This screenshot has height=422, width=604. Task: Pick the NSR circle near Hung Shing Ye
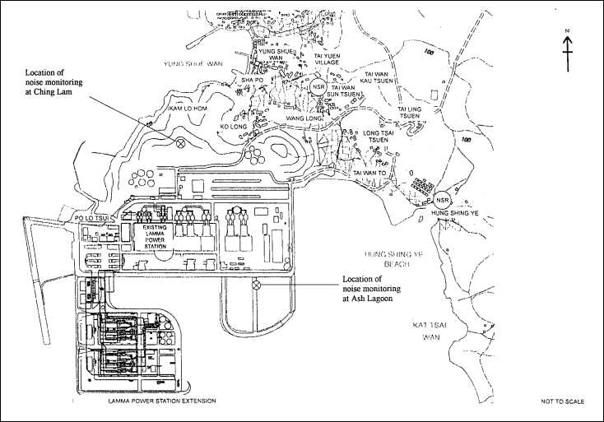pos(444,200)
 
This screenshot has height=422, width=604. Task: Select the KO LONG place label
pos(234,128)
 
